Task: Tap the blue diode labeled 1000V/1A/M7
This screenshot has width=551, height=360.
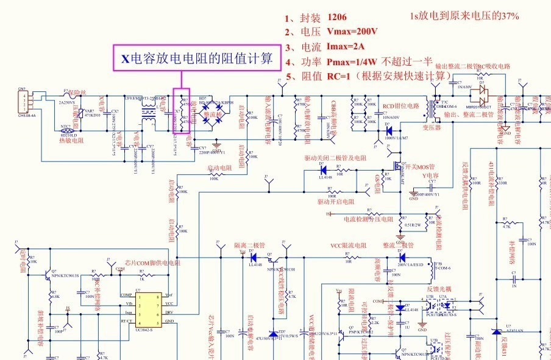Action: tap(388, 130)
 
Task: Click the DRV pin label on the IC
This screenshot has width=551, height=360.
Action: tap(169, 312)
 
